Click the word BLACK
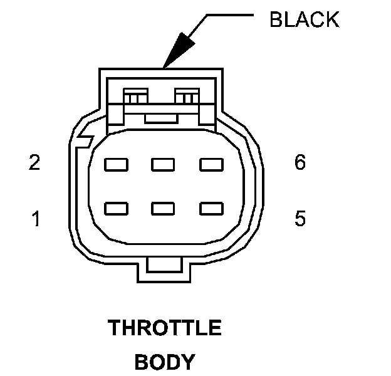pyautogui.click(x=304, y=19)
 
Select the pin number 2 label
pyautogui.click(x=35, y=163)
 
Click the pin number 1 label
pyautogui.click(x=36, y=219)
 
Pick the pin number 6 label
pyautogui.click(x=300, y=163)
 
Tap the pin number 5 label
pyautogui.click(x=300, y=219)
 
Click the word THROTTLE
pyautogui.click(x=165, y=328)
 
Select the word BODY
pyautogui.click(x=165, y=362)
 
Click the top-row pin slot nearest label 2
pyautogui.click(x=117, y=165)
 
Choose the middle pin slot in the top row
pyautogui.click(x=163, y=165)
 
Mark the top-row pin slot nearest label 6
pyautogui.click(x=211, y=165)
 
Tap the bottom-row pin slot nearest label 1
pyautogui.click(x=117, y=207)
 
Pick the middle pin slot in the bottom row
pyautogui.click(x=163, y=207)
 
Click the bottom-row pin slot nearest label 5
pyautogui.click(x=211, y=207)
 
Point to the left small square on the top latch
pyautogui.click(x=134, y=97)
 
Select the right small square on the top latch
pyautogui.click(x=187, y=97)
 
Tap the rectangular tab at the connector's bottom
pyautogui.click(x=165, y=268)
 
